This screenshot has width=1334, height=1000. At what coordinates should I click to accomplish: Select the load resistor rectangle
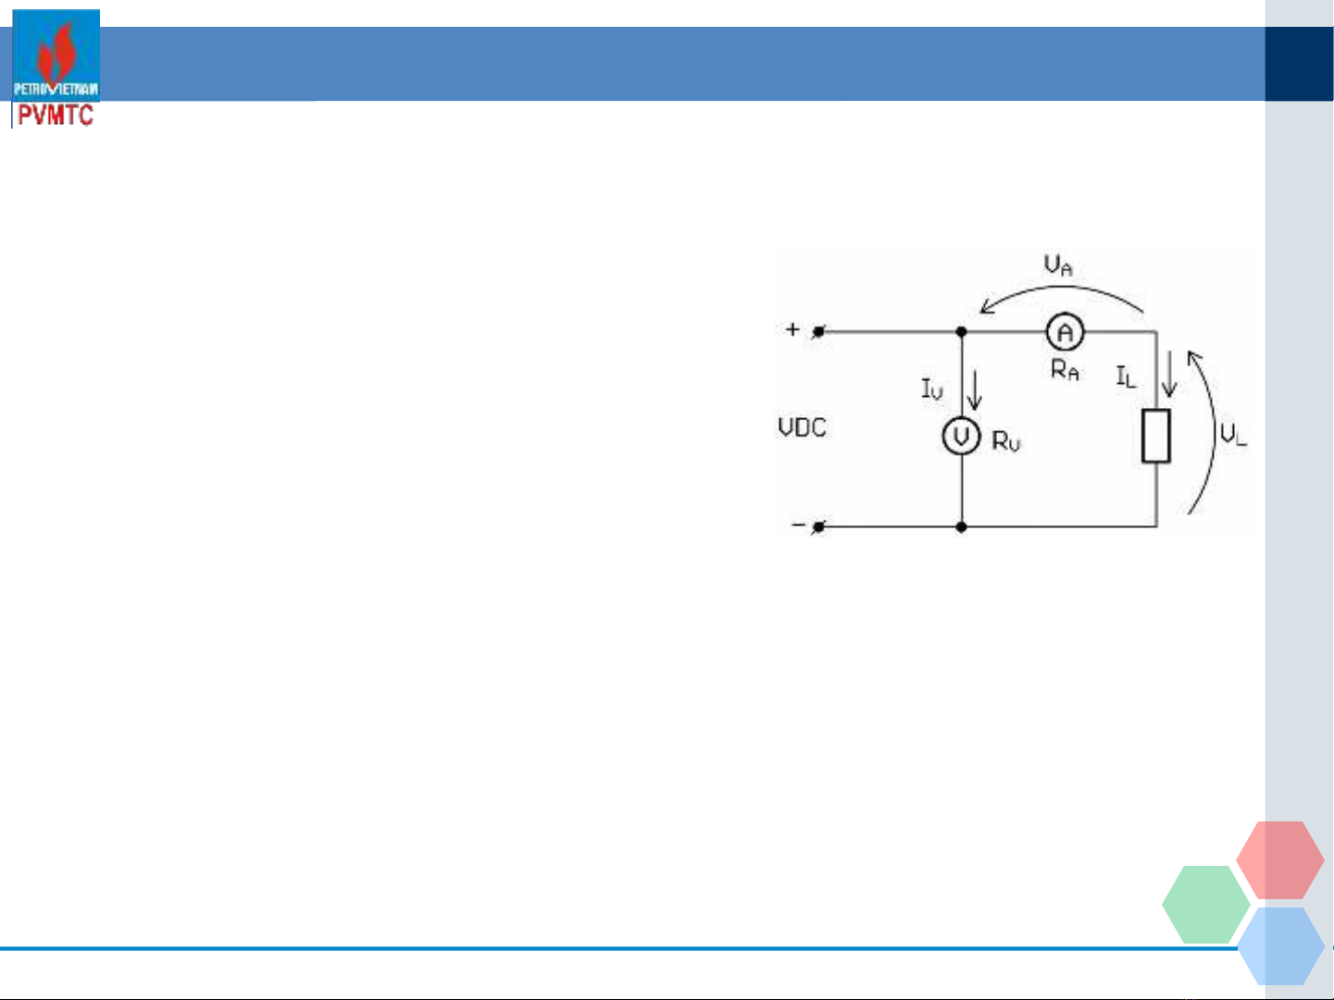pos(1156,436)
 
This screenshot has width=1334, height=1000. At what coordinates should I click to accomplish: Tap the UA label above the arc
pos(1058,265)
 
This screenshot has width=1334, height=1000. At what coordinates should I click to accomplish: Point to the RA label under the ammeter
pos(1065,369)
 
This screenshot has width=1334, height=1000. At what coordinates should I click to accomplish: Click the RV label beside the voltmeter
pos(1005,441)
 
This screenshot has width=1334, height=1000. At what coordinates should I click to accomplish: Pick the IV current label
pos(932,389)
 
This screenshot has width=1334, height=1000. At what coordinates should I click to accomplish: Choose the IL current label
pos(1126,377)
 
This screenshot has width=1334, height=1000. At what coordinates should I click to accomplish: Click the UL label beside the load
pos(1233,435)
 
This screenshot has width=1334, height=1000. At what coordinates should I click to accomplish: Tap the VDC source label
pos(803,428)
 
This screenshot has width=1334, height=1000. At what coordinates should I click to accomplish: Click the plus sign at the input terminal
pos(792,329)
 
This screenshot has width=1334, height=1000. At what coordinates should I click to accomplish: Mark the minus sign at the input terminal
pos(798,524)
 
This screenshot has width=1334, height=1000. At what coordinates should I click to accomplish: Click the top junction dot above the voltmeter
pos(962,331)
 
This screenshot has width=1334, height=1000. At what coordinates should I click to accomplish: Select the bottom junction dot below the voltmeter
pos(962,527)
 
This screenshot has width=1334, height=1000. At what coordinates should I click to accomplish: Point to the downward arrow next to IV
pos(974,389)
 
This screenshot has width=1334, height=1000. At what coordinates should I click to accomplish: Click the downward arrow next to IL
pos(1169,374)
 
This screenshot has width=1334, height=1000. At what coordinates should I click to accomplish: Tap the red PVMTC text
pos(56,115)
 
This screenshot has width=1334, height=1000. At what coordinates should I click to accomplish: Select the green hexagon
pos(1205,905)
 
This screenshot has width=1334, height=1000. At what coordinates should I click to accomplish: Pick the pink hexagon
pos(1280,860)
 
